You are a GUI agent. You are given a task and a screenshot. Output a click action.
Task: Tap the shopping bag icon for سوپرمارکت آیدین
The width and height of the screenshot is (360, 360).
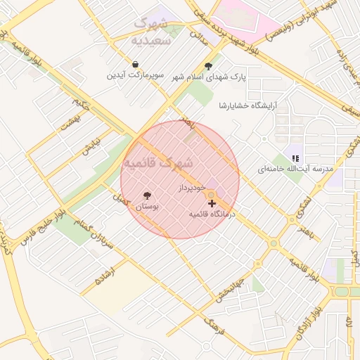tap(135, 65)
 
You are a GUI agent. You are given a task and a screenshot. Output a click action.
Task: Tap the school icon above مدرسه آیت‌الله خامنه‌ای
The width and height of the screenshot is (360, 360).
tap(295, 158)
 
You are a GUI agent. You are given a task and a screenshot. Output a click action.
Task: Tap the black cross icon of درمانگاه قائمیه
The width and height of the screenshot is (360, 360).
tap(212, 203)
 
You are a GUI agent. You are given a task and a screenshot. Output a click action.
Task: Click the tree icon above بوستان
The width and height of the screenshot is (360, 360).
tap(146, 195)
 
